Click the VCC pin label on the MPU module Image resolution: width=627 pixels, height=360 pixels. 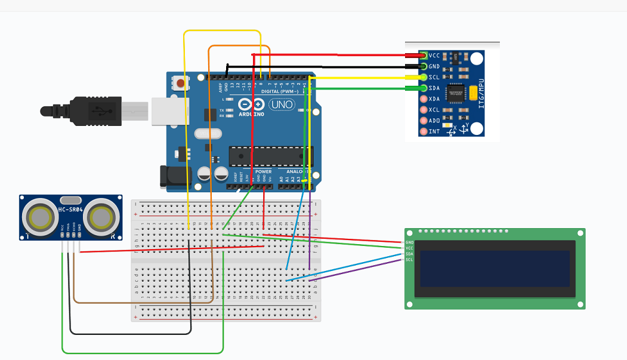pyautogui.click(x=434, y=56)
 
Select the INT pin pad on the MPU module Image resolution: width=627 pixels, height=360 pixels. pyautogui.click(x=424, y=131)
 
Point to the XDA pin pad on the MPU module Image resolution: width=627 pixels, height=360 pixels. pyautogui.click(x=424, y=99)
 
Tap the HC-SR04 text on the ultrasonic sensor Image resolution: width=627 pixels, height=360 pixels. pyautogui.click(x=70, y=210)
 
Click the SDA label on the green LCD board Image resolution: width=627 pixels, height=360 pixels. pyautogui.click(x=409, y=254)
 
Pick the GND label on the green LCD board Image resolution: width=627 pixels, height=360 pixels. pyautogui.click(x=409, y=242)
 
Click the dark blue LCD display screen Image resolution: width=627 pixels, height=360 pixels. pyautogui.click(x=495, y=269)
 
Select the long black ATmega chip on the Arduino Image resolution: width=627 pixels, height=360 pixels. pyautogui.click(x=271, y=156)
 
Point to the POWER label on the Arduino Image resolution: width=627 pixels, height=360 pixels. pyautogui.click(x=263, y=172)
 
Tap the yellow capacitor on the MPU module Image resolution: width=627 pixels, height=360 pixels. pyautogui.click(x=473, y=93)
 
